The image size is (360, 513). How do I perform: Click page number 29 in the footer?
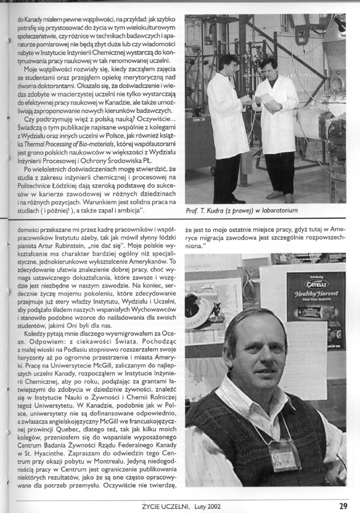pyautogui.click(x=343, y=506)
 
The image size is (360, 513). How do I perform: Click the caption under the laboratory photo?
pyautogui.click(x=241, y=211)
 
